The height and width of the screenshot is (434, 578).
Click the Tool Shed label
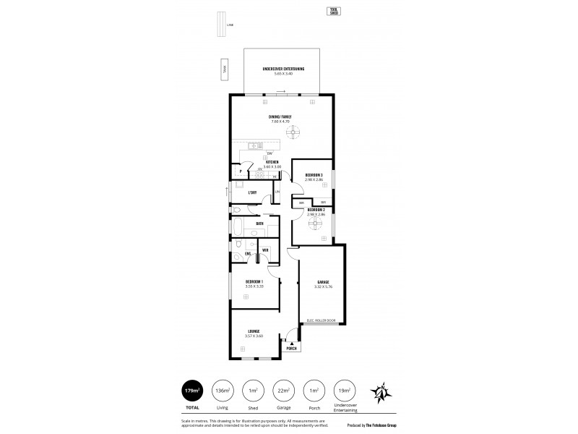(334, 11)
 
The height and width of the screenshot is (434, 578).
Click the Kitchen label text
(272, 162)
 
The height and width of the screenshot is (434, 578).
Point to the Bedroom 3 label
(314, 176)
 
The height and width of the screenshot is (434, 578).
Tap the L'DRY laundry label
(252, 192)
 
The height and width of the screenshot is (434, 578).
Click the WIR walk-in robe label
(266, 250)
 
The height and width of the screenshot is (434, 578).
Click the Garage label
(323, 282)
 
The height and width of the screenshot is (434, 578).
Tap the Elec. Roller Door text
(321, 320)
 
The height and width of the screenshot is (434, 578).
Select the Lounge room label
(254, 331)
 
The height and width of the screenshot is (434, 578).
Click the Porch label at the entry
(291, 349)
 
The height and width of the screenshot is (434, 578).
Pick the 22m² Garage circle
(283, 391)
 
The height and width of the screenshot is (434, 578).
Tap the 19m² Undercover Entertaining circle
(345, 391)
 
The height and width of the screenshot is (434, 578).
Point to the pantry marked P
(241, 171)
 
